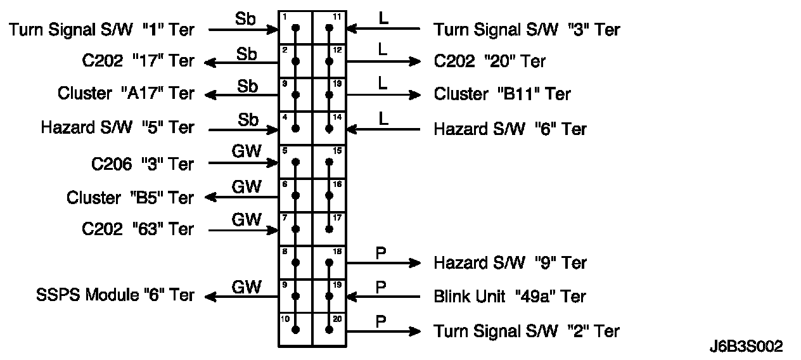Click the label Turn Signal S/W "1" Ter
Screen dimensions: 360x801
point(101,29)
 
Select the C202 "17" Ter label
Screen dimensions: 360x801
point(138,61)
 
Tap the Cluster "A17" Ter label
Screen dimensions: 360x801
point(125,94)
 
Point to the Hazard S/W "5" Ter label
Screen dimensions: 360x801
point(117,127)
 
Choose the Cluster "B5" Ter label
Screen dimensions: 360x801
point(130,198)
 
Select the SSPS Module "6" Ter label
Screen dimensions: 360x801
point(115,295)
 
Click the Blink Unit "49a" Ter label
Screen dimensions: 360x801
point(509,296)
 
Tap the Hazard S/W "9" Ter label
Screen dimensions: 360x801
point(510,262)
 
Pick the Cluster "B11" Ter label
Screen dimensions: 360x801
point(502,94)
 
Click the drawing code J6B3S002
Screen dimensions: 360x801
point(747,347)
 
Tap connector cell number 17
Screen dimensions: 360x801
point(329,229)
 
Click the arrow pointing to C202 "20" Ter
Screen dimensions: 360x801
point(383,61)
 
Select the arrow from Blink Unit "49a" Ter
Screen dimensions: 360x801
point(383,296)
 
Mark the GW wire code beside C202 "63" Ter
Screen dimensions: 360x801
point(247,220)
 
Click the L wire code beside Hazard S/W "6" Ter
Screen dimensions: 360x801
point(383,119)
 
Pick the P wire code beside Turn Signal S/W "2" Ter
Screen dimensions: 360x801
point(381,321)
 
